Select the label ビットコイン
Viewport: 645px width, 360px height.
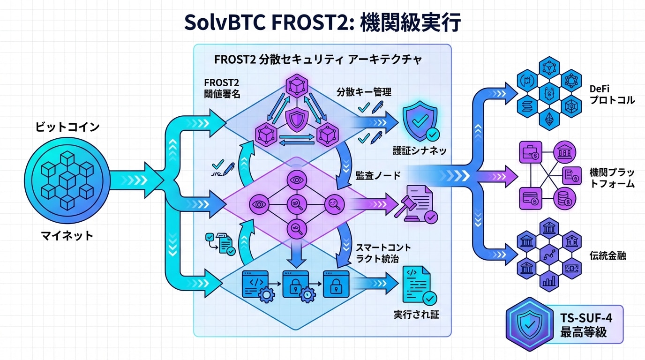[x=67, y=127]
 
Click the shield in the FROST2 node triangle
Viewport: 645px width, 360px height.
[x=298, y=120]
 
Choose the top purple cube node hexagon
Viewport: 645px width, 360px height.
[x=299, y=88]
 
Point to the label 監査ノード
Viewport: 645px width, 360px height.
[x=377, y=176]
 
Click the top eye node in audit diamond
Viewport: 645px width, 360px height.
[x=298, y=180]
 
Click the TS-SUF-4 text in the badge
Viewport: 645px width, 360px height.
[x=586, y=318]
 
